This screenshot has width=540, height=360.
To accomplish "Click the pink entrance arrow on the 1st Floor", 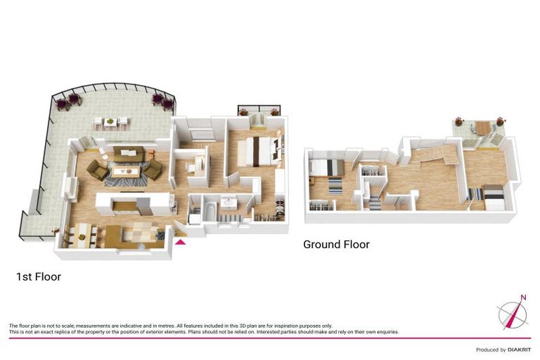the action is coord(181,242).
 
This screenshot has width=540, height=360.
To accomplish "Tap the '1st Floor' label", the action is coord(39,276).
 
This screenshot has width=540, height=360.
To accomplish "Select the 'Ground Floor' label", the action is coord(336,244).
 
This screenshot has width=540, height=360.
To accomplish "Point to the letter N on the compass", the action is coord(523,297).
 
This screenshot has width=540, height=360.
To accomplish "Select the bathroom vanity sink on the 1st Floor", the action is coord(228,202).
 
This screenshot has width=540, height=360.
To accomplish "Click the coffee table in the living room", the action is coord(124,172).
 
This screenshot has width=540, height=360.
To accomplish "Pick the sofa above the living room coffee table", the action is coord(129,154).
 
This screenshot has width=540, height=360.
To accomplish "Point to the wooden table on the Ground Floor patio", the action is coord(482,127).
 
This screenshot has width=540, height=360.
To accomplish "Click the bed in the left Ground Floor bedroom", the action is coord(327,167).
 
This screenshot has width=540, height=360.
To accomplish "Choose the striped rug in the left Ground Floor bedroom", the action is coord(335,186).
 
